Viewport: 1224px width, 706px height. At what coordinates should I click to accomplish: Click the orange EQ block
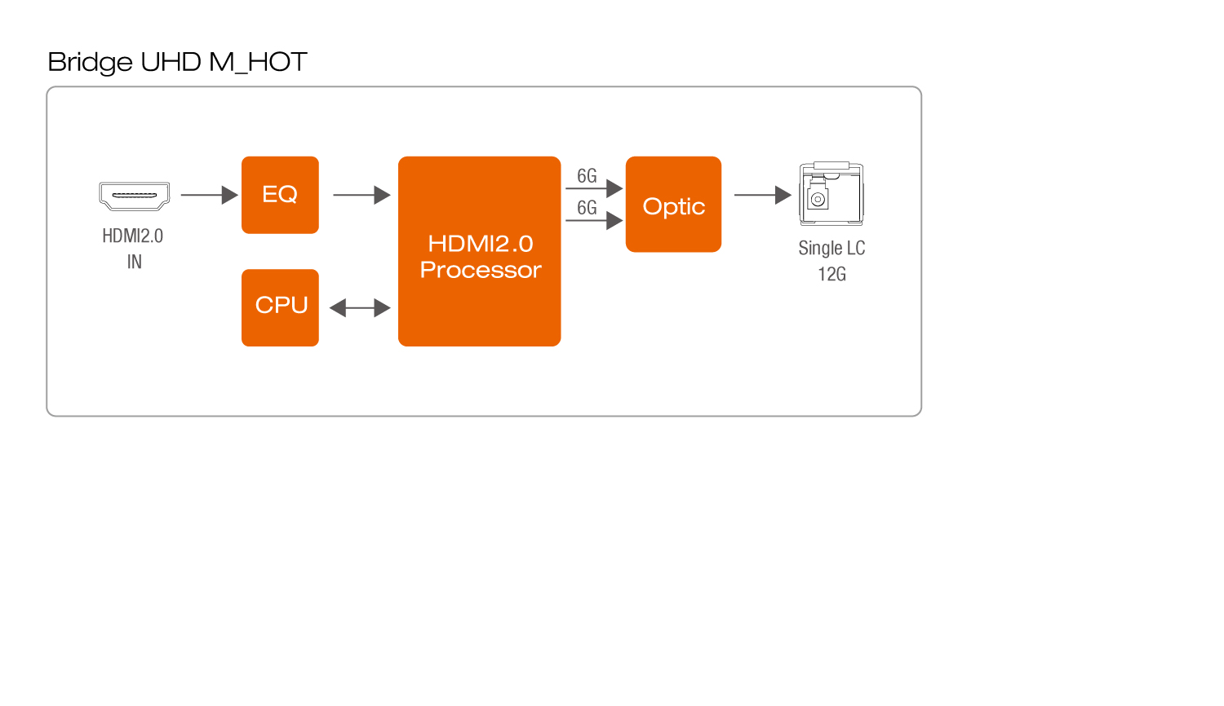click(x=280, y=195)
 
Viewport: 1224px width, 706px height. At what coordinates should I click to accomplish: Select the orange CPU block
click(x=280, y=307)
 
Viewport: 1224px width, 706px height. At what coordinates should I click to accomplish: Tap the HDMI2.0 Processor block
click(x=479, y=251)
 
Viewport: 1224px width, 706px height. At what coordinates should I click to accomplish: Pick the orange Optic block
click(x=673, y=204)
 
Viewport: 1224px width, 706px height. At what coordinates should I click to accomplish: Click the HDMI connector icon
click(x=135, y=196)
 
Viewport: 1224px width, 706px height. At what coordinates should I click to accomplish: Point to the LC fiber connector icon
click(x=831, y=194)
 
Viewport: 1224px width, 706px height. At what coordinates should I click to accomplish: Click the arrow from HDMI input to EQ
click(x=209, y=195)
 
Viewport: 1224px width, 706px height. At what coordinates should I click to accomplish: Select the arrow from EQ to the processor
click(x=361, y=195)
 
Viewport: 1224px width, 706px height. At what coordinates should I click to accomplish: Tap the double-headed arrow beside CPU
click(x=360, y=307)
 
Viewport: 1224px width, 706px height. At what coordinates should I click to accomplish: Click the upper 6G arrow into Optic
click(x=594, y=188)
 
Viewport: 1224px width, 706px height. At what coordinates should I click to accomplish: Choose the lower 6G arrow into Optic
click(x=594, y=220)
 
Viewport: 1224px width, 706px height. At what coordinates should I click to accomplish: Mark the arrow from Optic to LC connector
click(x=762, y=195)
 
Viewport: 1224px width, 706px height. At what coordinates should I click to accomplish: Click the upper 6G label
click(x=587, y=175)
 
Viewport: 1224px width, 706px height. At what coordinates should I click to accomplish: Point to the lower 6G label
click(x=587, y=207)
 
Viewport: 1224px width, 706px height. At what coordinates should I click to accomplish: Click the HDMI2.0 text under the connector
click(x=133, y=236)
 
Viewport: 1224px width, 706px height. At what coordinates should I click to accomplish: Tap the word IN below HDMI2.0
click(x=135, y=262)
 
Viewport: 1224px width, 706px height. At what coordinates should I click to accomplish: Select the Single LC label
click(x=832, y=248)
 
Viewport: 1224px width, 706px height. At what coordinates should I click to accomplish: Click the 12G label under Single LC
click(x=832, y=274)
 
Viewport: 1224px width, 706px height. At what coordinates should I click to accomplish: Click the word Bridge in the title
click(x=90, y=62)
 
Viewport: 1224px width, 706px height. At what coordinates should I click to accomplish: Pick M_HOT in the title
click(x=258, y=62)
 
